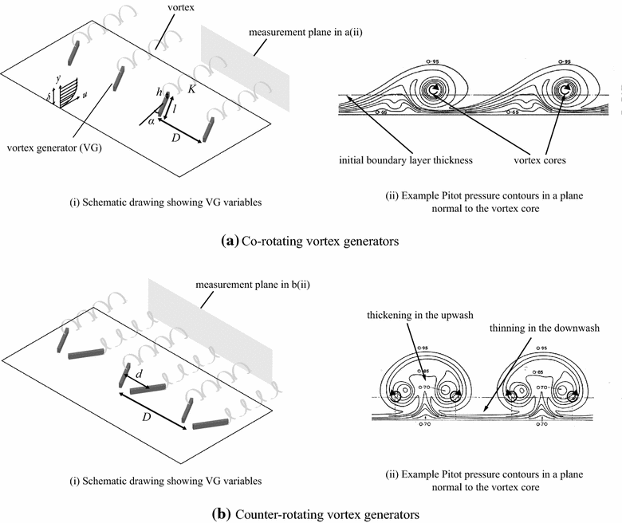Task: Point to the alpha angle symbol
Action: click(x=151, y=121)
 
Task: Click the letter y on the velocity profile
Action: click(x=58, y=78)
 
